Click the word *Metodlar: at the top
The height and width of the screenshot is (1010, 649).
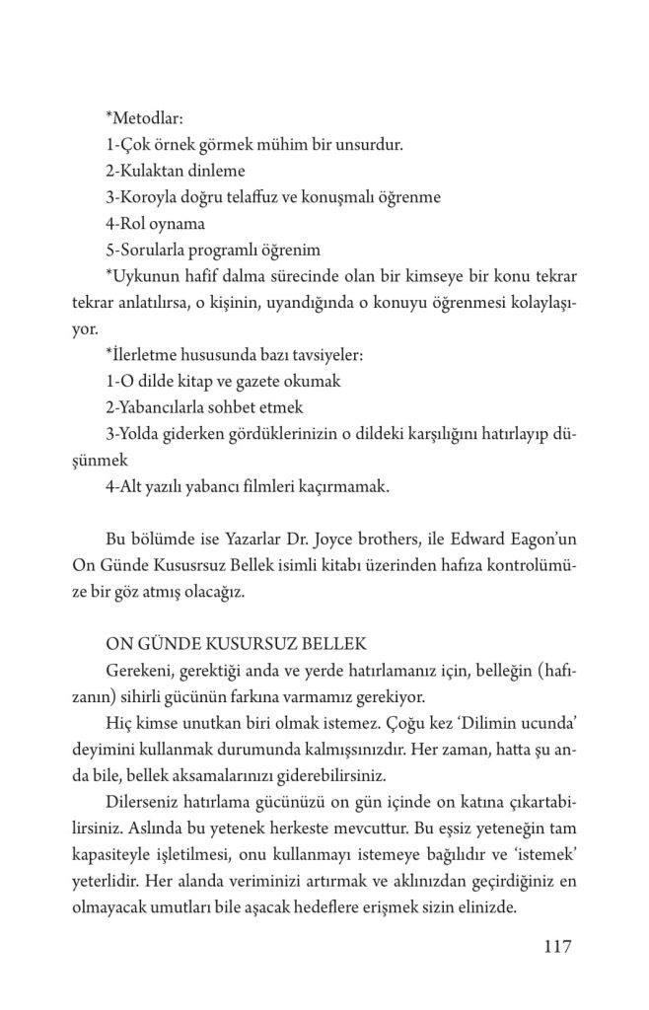142,119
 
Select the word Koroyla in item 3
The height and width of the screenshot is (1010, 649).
151,196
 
